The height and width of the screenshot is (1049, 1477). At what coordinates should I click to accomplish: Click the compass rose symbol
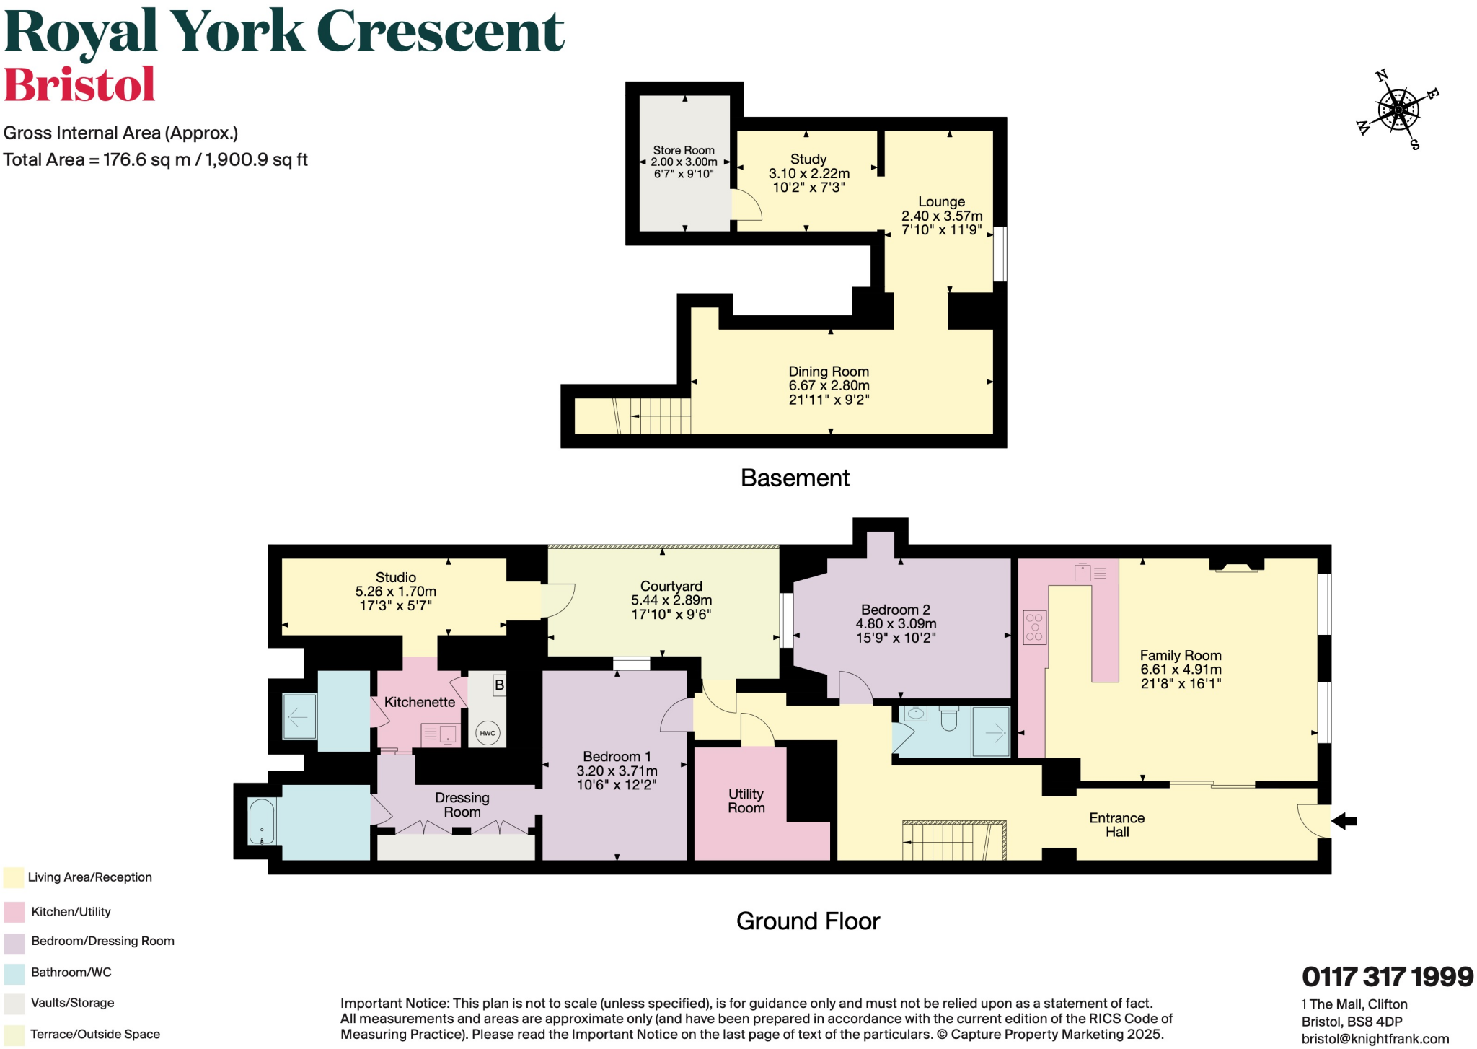click(1398, 110)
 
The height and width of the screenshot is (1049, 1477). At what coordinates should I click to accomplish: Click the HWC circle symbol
click(488, 733)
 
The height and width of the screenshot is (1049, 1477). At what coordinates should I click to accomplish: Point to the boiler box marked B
click(499, 685)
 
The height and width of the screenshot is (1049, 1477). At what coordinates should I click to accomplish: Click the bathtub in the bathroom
click(262, 821)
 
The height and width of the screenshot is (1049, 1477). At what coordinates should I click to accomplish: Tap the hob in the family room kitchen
click(1034, 627)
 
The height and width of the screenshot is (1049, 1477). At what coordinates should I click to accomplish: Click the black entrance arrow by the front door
click(1344, 820)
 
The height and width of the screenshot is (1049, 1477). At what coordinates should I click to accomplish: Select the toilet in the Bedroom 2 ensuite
click(949, 717)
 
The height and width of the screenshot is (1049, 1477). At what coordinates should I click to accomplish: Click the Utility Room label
click(746, 801)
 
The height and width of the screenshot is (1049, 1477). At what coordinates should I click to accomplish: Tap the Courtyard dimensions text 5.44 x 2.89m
click(671, 600)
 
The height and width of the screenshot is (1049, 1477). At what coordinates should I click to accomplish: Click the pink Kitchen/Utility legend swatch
click(14, 912)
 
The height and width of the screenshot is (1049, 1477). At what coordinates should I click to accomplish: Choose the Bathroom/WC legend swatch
click(14, 973)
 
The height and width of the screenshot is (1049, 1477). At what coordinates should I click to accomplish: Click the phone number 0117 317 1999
click(1387, 977)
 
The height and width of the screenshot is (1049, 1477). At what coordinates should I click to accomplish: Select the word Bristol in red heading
click(79, 85)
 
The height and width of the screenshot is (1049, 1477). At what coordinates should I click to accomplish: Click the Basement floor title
click(795, 478)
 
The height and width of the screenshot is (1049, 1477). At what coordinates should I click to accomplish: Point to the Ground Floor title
click(808, 921)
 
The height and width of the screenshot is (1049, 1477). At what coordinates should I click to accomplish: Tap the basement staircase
click(653, 416)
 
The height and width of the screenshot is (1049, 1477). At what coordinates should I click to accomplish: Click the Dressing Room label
click(462, 804)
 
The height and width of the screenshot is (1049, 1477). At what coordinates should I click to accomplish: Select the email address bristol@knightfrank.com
click(1375, 1039)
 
